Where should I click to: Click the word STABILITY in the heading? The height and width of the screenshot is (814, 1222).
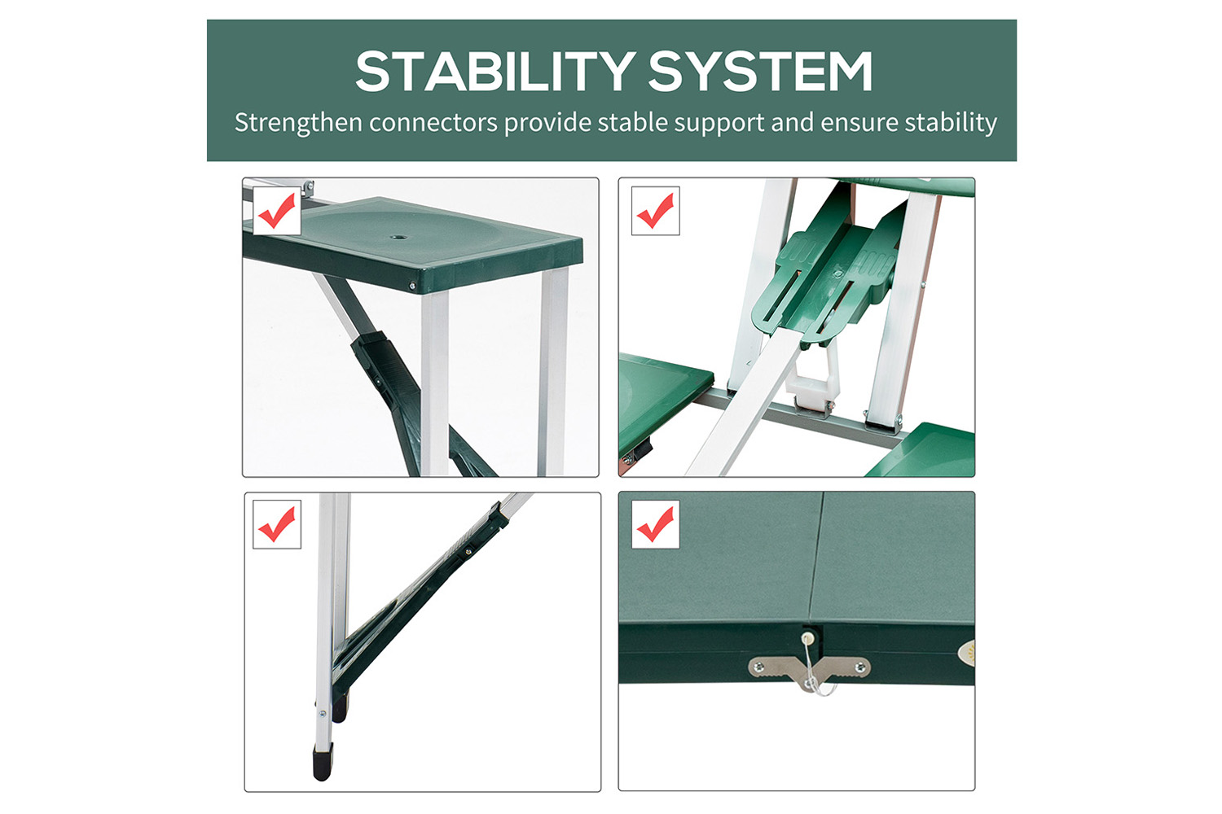pyautogui.click(x=495, y=72)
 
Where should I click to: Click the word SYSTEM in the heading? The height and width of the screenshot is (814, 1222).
pyautogui.click(x=760, y=72)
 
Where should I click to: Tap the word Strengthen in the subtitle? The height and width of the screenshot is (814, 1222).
pyautogui.click(x=298, y=123)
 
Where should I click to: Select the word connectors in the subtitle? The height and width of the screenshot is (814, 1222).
pyautogui.click(x=433, y=123)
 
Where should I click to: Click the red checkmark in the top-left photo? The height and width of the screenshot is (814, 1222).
pyautogui.click(x=277, y=211)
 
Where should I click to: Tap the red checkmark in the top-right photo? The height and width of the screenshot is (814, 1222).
pyautogui.click(x=655, y=211)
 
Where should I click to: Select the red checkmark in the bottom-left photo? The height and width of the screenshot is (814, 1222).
pyautogui.click(x=277, y=524)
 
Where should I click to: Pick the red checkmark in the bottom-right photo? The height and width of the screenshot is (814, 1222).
pyautogui.click(x=655, y=524)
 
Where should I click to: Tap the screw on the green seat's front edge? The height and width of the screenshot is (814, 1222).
pyautogui.click(x=412, y=285)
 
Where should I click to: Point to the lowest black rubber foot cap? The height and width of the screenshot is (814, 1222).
pyautogui.click(x=323, y=763)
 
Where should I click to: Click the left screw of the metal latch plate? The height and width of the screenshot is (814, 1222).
pyautogui.click(x=758, y=666)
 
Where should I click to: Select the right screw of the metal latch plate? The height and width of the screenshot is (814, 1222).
pyautogui.click(x=861, y=666)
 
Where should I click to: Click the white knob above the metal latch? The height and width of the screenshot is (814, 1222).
pyautogui.click(x=808, y=637)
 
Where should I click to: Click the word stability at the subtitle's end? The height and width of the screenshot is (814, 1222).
pyautogui.click(x=951, y=123)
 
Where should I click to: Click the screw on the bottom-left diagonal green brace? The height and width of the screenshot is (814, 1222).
pyautogui.click(x=468, y=552)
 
